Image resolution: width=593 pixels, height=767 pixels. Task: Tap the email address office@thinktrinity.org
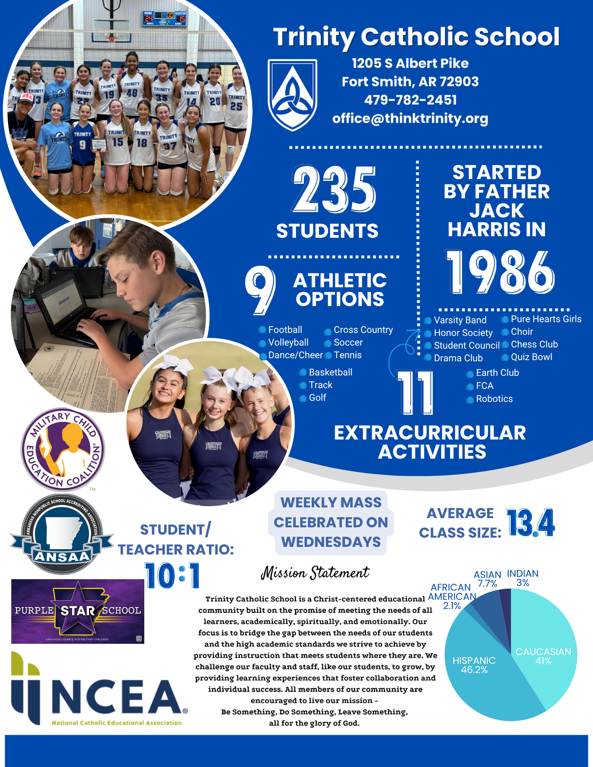click(410, 119)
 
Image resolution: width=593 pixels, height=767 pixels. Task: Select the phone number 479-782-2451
click(410, 100)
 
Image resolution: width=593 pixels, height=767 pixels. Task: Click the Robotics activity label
click(494, 399)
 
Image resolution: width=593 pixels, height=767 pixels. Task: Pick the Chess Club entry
click(534, 344)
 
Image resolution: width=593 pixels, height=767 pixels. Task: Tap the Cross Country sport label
click(363, 330)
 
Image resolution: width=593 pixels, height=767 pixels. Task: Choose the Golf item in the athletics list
click(317, 398)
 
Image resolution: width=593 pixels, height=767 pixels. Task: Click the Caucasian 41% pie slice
click(545, 648)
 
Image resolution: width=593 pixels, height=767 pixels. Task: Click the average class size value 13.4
click(530, 522)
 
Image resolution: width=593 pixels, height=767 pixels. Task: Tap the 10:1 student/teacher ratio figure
click(172, 575)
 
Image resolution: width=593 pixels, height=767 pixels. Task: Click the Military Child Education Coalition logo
click(63, 449)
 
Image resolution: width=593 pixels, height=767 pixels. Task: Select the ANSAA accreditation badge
click(62, 534)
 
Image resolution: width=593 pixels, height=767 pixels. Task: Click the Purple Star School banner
click(78, 611)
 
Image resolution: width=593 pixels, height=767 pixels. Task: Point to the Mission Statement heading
click(315, 573)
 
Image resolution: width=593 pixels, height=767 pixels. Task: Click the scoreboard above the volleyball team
click(165, 18)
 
